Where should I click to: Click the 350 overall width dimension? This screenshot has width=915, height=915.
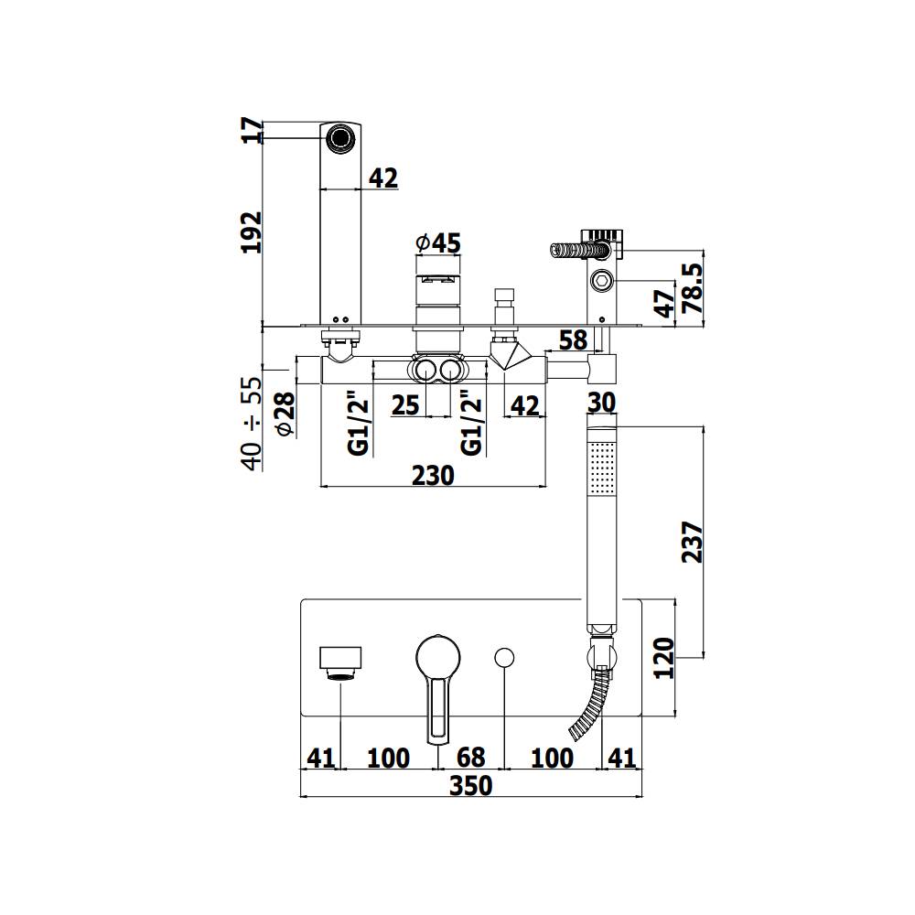point(470,785)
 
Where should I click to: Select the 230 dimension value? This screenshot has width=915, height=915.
point(433,475)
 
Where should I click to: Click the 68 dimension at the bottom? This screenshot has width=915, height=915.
point(470,758)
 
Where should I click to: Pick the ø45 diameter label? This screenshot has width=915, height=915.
point(437,243)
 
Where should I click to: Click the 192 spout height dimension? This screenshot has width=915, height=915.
point(251,231)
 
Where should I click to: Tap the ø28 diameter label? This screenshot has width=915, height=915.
point(284,414)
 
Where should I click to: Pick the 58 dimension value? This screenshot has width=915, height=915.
point(573,339)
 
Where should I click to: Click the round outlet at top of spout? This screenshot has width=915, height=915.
point(340,138)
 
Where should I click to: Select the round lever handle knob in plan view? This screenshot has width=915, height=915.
point(438,656)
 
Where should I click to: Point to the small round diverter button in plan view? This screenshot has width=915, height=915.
point(504,657)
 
